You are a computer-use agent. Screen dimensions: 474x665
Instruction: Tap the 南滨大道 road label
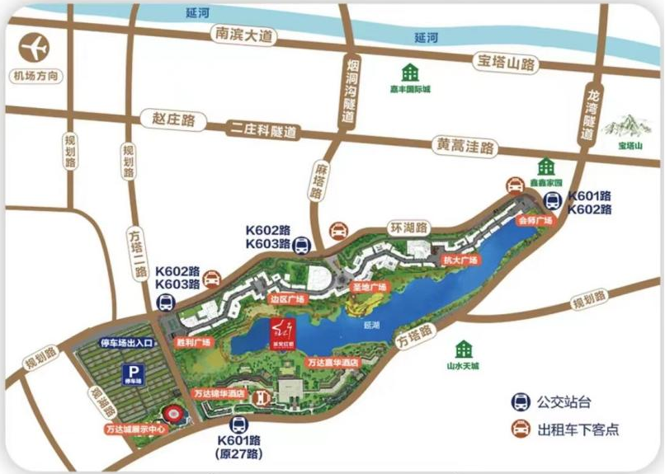click(243, 35)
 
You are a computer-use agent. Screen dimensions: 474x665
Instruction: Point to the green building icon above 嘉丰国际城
click(410, 73)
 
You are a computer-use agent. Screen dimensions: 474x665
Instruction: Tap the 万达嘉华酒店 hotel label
click(332, 362)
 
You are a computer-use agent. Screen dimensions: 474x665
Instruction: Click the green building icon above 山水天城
click(465, 350)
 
